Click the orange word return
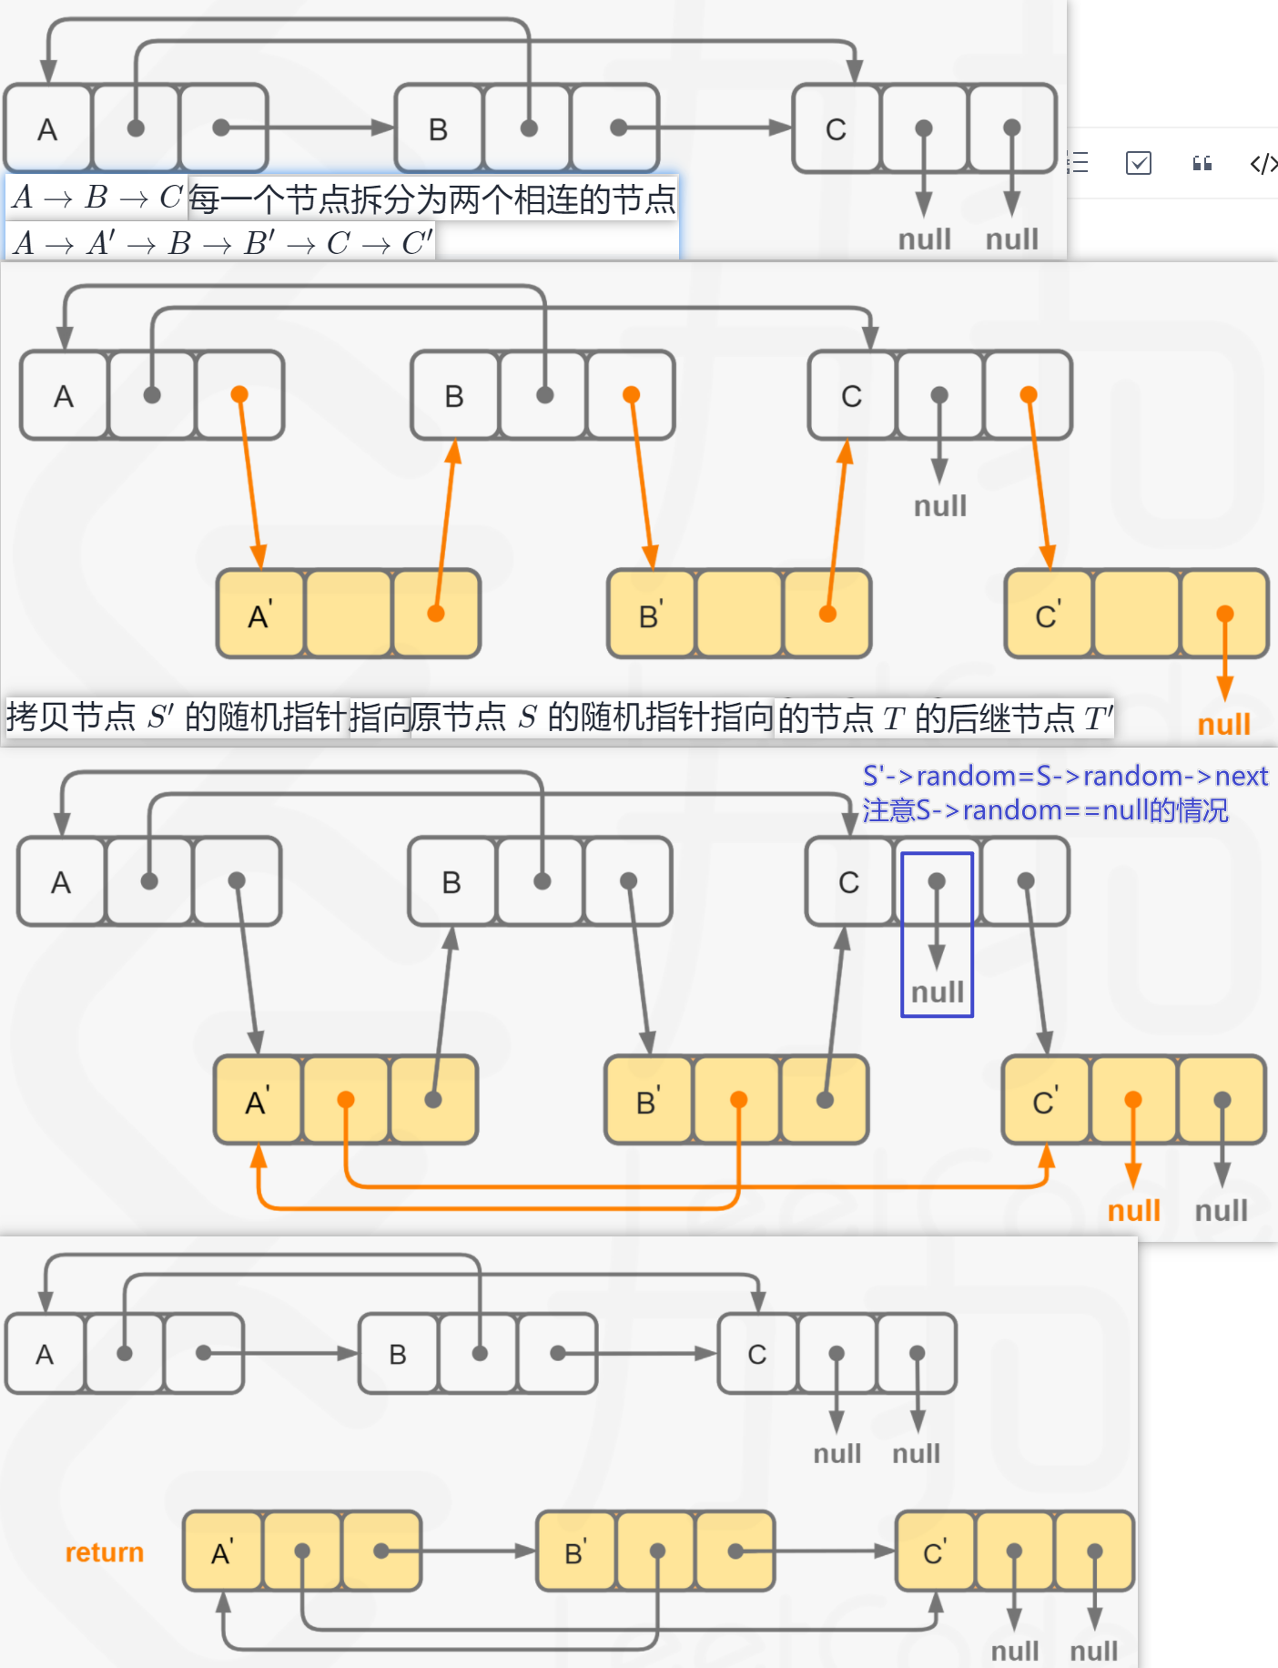104,1551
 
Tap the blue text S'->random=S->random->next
1065,776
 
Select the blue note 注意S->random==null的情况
1045,809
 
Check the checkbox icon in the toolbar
1139,163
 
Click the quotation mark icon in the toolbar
1202,163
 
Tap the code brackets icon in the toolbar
1263,163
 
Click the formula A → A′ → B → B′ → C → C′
223,243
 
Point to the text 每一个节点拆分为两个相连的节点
432,198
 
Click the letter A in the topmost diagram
47,129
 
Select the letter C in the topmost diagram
836,129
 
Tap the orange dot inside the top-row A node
239,394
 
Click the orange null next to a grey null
1133,1210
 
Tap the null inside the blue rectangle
938,992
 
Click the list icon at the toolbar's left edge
1079,163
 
